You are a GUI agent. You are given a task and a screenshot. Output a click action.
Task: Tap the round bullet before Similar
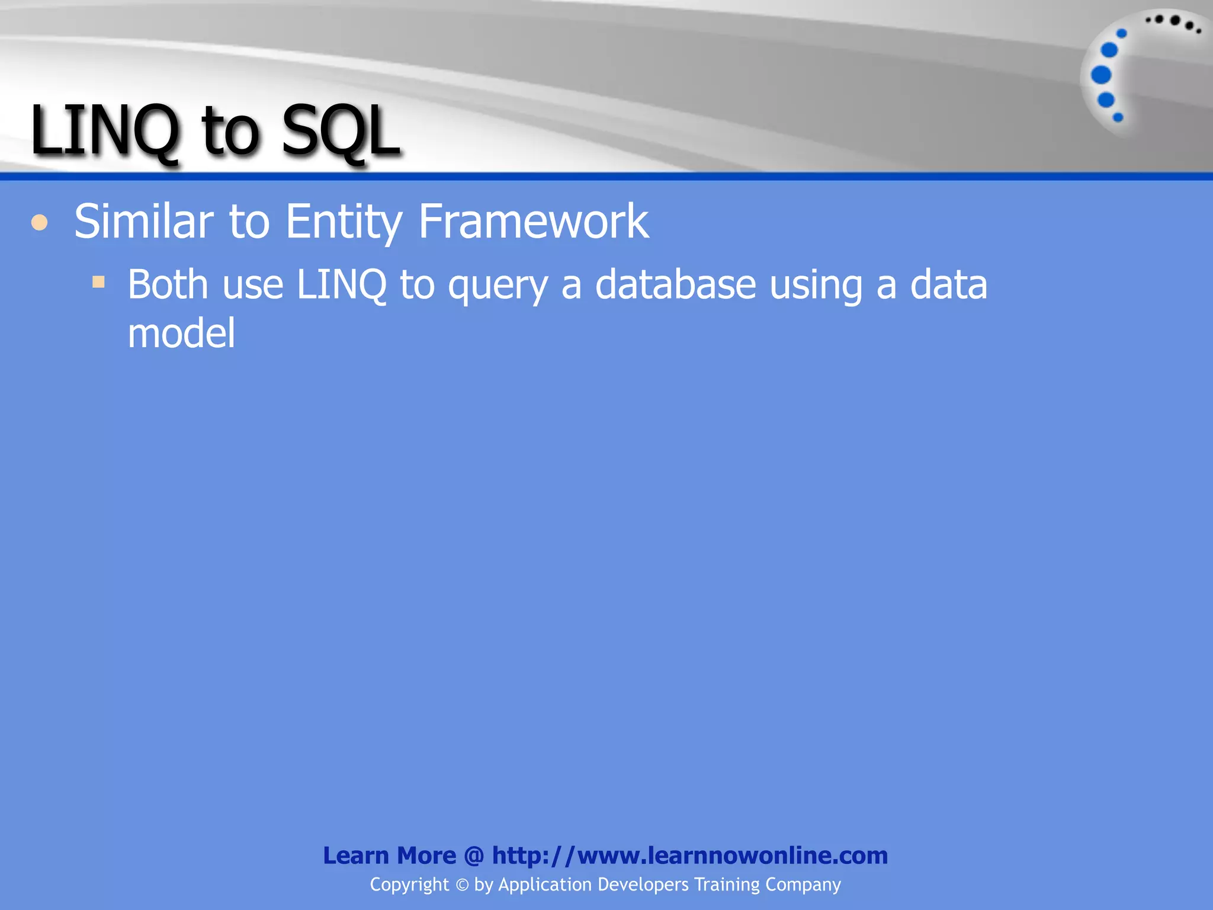[x=40, y=223]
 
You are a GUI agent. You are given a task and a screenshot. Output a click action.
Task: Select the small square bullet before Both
[x=98, y=281]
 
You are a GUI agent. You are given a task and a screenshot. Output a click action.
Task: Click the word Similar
[x=143, y=221]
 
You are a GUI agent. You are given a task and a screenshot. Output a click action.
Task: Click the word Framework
[x=533, y=221]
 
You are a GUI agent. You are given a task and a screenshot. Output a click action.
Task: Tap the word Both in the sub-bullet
[x=168, y=284]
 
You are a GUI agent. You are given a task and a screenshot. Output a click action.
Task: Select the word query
[x=498, y=287]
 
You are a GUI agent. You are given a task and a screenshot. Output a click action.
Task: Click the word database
[x=675, y=284]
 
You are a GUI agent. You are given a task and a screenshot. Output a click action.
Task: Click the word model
[x=181, y=333]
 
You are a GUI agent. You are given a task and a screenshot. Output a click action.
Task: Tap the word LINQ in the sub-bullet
[x=341, y=286]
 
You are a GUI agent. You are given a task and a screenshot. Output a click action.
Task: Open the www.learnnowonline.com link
[x=690, y=855]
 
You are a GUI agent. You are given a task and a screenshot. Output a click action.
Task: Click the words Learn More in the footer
[x=389, y=855]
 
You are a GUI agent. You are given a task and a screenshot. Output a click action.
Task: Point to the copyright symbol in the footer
[x=462, y=885]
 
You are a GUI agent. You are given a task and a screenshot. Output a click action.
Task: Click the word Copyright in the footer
[x=409, y=885]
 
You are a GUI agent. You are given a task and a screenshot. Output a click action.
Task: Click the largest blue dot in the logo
[x=1101, y=75]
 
